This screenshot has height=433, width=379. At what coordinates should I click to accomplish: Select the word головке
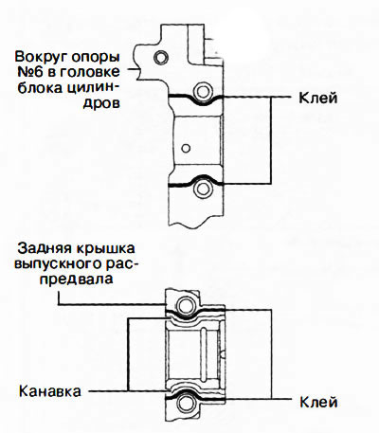89,72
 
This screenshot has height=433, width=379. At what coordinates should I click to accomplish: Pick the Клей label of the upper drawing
318,98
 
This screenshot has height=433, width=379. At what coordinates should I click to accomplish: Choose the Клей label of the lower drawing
318,402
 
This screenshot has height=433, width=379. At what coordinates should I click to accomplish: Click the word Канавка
50,391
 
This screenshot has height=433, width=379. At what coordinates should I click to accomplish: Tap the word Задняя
44,248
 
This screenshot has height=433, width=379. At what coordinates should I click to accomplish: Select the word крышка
104,248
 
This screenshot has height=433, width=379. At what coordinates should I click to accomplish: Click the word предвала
77,280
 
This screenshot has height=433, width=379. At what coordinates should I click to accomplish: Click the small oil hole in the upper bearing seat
186,148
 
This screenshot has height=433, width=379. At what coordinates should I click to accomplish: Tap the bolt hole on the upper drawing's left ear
161,57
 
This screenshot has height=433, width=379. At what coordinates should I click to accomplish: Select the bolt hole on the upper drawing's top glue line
202,91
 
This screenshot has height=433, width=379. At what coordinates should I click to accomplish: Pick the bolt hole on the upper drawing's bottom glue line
202,189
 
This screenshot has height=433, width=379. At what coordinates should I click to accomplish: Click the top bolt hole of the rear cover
185,305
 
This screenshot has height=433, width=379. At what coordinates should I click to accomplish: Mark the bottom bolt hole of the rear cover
185,404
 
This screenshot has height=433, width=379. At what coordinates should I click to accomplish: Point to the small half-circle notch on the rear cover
224,354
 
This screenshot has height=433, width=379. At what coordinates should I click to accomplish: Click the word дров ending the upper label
101,103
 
